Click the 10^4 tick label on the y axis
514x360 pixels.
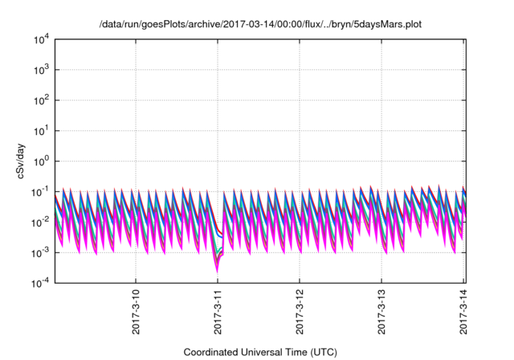click(43, 39)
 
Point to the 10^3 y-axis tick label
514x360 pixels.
click(43, 70)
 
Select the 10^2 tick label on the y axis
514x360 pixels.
click(43, 100)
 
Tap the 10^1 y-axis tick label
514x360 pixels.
click(43, 130)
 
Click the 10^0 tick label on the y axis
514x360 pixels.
click(43, 161)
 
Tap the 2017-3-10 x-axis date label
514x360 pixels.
click(136, 310)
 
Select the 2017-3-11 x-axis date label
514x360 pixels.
click(218, 310)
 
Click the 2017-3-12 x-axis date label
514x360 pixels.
click(300, 310)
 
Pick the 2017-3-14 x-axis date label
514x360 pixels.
click(464, 310)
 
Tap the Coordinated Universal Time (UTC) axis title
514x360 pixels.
click(259, 351)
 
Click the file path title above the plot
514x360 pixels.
click(259, 25)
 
